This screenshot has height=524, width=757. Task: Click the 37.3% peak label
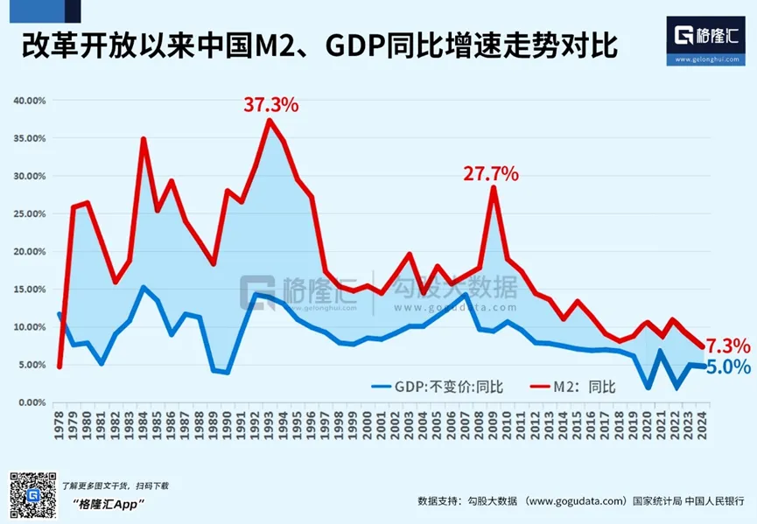270,105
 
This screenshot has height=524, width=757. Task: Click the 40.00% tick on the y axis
30,101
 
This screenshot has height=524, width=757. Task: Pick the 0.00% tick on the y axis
32,402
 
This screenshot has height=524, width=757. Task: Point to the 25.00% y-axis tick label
30,213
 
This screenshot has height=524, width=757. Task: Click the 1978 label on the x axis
60,426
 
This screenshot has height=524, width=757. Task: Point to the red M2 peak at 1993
270,120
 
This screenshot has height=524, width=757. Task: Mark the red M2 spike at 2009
495,188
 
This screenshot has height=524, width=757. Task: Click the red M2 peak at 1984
144,139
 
